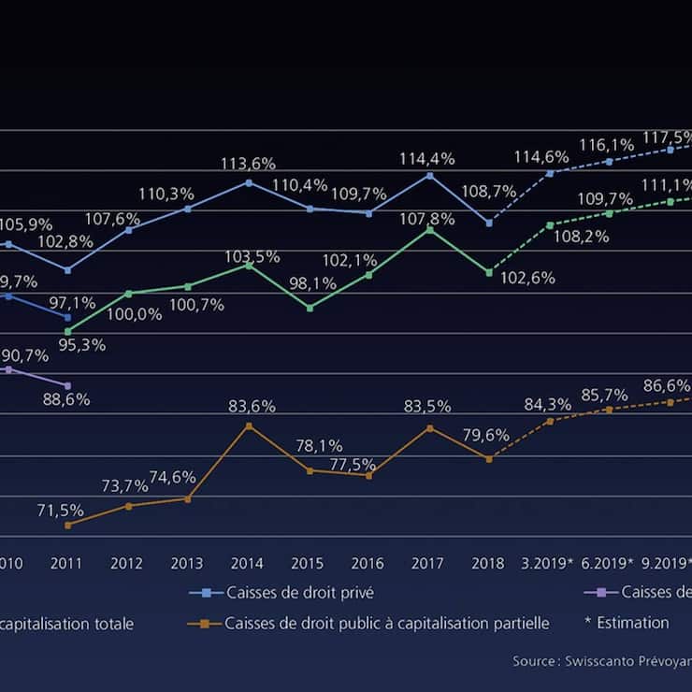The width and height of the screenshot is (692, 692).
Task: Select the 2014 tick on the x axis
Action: (247, 564)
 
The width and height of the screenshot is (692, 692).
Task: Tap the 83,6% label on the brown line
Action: (252, 407)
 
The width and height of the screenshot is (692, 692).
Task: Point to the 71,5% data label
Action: (61, 511)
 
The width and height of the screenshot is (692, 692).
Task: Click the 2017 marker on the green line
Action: (429, 228)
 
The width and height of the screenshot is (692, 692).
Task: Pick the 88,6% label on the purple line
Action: (66, 399)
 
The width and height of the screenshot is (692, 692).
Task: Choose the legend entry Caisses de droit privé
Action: (300, 593)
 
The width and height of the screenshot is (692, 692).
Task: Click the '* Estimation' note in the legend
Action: (627, 623)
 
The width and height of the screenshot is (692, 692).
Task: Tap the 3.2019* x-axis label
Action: (546, 564)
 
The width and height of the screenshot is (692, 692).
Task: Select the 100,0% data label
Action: (134, 315)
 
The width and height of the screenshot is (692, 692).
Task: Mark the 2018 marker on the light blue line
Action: (489, 223)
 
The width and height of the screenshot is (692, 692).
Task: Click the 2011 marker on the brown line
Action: (67, 526)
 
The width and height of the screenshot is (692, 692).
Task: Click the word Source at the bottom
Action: (532, 661)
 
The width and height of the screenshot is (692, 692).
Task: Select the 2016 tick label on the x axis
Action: (368, 564)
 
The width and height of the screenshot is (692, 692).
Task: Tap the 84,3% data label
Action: (548, 405)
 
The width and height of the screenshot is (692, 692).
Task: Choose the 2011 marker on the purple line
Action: (67, 385)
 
